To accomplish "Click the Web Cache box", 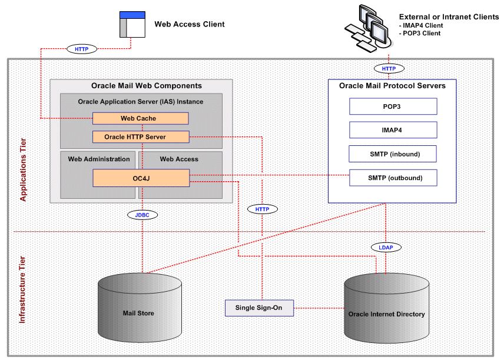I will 140,118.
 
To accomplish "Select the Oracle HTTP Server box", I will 140,137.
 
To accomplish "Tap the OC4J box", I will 140,177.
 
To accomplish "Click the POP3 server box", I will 393,106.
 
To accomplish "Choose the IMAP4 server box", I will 393,130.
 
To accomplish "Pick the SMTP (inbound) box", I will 393,154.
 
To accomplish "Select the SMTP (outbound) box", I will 393,178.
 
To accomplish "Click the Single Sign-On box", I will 259,308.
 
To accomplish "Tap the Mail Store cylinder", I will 138,309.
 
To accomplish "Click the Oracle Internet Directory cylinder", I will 386,309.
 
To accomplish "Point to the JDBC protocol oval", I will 142,215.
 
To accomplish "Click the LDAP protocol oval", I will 386,248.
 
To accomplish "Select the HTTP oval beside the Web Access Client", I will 82,49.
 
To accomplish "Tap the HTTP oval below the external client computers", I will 389,69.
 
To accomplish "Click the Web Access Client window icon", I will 132,24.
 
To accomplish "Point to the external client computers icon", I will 367,26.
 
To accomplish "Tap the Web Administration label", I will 99,159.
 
